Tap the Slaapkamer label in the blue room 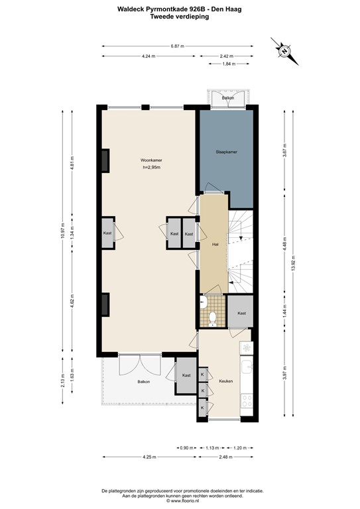pos(227,152)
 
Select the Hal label pos(215,245)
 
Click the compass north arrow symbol pos(283,51)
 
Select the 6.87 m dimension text pos(177,46)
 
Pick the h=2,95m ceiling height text pos(152,168)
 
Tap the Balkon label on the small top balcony pos(228,97)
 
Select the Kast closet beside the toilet pos(242,313)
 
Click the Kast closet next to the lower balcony pos(186,375)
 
